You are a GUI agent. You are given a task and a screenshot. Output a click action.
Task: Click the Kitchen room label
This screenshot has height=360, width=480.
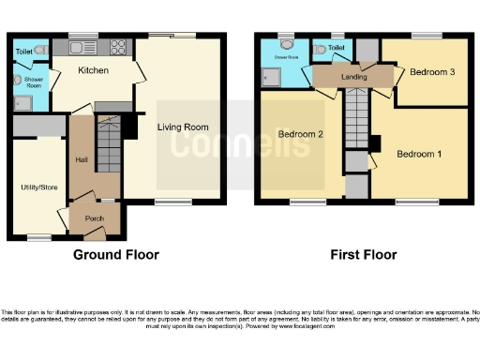(x=93, y=70)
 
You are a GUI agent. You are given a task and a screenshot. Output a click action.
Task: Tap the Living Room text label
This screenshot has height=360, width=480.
(x=182, y=127)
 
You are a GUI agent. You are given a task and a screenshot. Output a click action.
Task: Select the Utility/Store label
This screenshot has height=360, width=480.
(x=38, y=187)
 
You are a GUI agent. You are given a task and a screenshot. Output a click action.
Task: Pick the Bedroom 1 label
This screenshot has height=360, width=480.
(x=418, y=153)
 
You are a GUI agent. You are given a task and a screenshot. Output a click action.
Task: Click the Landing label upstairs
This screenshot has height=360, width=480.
(x=353, y=78)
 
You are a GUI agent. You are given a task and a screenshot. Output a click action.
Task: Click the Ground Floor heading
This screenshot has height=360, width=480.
(x=115, y=254)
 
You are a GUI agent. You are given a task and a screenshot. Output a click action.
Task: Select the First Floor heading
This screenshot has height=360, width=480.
(x=363, y=254)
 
